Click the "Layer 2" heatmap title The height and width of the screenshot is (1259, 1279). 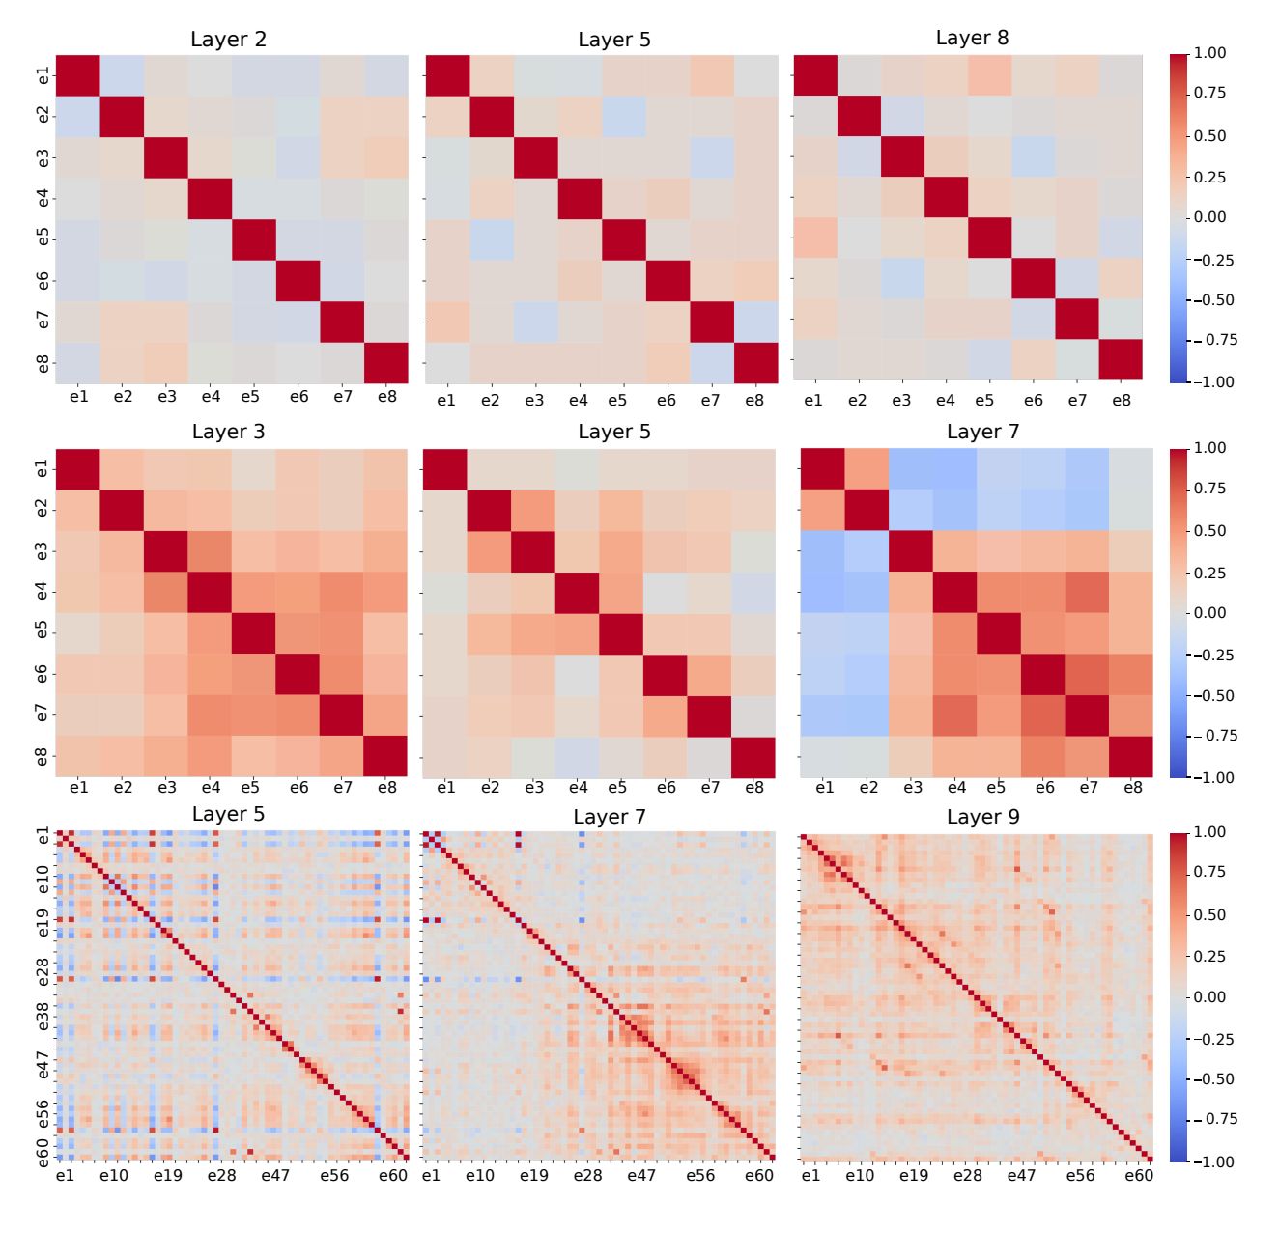point(228,40)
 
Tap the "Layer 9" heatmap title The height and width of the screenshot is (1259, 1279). point(982,817)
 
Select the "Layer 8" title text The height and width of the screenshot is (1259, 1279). point(972,38)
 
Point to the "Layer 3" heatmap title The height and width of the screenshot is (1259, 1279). point(228,432)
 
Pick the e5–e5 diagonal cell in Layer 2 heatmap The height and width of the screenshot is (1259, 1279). point(253,238)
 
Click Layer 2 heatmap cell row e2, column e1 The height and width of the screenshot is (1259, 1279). point(77,116)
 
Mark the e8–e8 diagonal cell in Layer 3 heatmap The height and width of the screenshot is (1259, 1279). point(385,756)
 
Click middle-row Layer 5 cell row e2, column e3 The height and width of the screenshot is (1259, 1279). point(533,510)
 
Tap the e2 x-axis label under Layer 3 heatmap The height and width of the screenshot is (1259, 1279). point(122,788)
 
